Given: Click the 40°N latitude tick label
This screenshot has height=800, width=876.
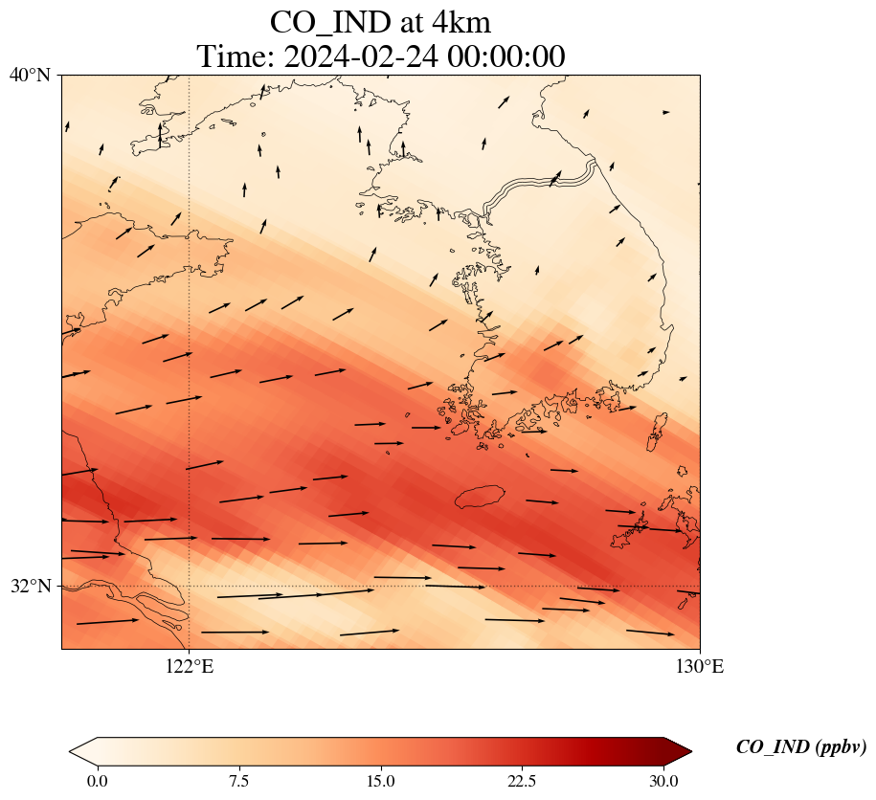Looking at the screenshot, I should (x=34, y=75).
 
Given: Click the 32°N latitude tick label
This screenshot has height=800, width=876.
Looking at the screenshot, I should (x=34, y=586).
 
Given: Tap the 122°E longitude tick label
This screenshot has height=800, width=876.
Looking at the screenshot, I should (x=190, y=667).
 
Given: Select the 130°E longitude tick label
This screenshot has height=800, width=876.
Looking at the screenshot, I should (x=699, y=667).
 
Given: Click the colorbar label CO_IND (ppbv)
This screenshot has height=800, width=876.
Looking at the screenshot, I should (x=801, y=747).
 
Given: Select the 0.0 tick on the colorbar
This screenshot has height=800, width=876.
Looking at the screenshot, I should (x=97, y=781).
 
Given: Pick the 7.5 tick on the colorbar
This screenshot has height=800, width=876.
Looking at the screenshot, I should (x=238, y=781).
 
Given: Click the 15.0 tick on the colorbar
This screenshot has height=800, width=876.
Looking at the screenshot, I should (x=380, y=781).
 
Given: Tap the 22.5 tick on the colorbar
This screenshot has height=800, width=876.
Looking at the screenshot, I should (x=522, y=781).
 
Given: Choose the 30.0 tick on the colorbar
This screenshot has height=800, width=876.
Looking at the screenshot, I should (x=663, y=781).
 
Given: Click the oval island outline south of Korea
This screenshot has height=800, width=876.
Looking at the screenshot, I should (x=479, y=497).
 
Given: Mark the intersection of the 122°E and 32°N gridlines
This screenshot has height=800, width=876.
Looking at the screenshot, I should (x=190, y=586).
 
